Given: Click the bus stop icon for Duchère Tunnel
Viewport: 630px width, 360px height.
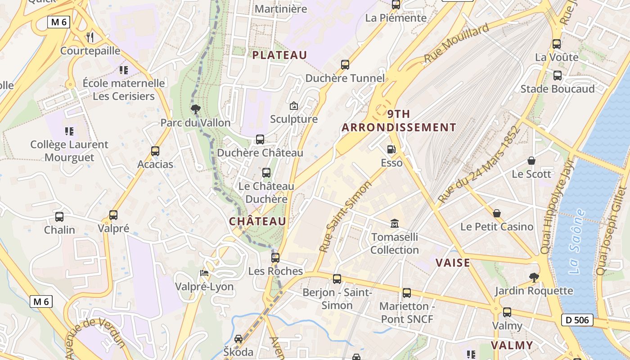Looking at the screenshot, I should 345,65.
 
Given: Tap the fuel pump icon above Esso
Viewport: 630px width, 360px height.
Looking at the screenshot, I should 391,149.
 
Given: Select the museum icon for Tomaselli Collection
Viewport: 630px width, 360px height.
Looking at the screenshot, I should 395,223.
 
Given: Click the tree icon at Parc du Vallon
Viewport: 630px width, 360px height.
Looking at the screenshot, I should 195,109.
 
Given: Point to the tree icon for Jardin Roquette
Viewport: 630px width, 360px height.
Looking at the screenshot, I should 534,277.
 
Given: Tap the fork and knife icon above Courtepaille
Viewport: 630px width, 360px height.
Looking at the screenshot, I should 90,37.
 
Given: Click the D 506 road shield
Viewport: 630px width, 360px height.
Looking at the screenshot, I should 577,320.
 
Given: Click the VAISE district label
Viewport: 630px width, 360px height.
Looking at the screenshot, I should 453,263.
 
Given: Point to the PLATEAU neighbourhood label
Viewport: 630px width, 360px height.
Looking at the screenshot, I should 279,55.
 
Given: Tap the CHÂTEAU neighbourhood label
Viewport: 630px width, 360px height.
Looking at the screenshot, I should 257,221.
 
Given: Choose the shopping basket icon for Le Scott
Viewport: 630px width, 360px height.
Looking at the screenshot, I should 531,161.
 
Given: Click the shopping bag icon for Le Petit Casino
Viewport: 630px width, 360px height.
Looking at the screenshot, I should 497,213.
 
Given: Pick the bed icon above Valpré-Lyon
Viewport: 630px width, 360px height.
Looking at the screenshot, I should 204,273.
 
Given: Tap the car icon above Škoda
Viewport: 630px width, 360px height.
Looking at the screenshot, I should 238,338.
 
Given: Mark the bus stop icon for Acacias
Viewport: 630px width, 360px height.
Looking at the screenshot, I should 155,151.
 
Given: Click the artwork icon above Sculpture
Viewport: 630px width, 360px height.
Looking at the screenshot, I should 294,106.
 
